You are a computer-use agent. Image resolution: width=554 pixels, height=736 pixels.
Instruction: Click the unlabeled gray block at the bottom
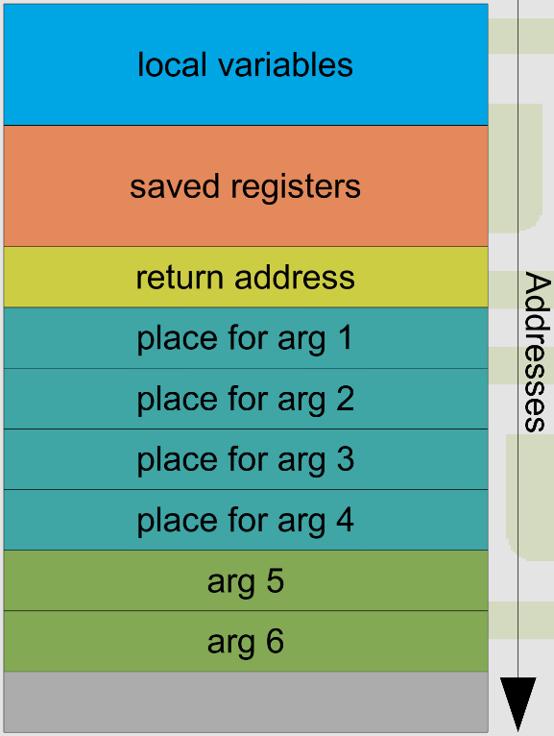tap(246, 702)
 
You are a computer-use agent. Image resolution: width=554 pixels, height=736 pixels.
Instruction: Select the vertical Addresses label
tap(537, 352)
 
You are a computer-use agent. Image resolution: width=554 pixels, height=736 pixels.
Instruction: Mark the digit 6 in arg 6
tap(275, 642)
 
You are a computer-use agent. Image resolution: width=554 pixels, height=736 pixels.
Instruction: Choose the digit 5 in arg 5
tap(275, 581)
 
